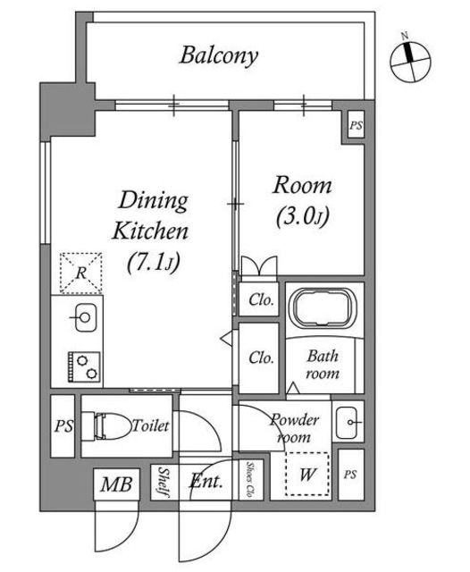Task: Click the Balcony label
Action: click(x=219, y=55)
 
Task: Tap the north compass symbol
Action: click(x=410, y=59)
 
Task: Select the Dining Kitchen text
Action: click(x=150, y=215)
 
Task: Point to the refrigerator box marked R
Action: click(x=81, y=273)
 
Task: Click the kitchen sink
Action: click(x=85, y=317)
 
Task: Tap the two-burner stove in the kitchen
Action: click(x=84, y=366)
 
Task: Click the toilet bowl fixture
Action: click(x=106, y=425)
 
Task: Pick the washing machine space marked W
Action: click(x=307, y=474)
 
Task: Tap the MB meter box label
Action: click(x=116, y=484)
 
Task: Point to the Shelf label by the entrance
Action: click(x=163, y=482)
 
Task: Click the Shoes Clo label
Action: click(x=250, y=480)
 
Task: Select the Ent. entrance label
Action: click(x=206, y=481)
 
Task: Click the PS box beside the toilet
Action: click(x=63, y=426)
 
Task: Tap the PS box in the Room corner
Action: click(x=356, y=125)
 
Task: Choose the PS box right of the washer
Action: click(x=350, y=475)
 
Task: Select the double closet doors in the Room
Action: click(x=259, y=266)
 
